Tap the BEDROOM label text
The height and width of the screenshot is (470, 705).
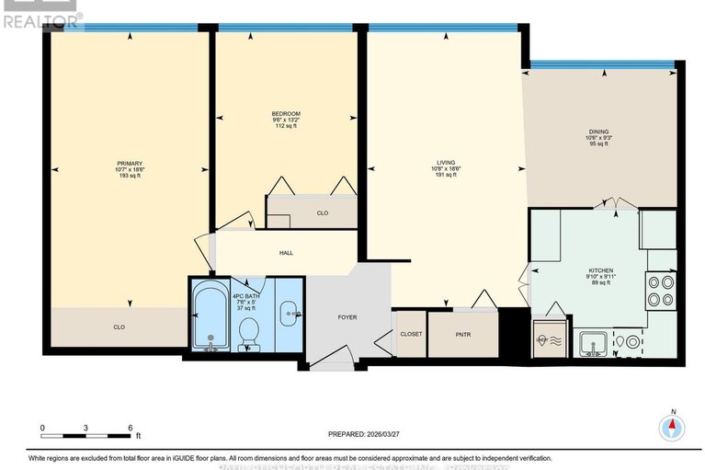[x=285, y=113]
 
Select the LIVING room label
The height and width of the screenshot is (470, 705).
[x=446, y=163]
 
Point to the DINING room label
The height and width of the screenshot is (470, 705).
[x=599, y=132]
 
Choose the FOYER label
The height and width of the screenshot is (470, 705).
[x=347, y=317]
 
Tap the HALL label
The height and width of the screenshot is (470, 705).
[x=286, y=253]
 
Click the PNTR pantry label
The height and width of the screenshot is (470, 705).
[x=463, y=334]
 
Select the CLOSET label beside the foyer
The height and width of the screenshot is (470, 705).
[x=411, y=334]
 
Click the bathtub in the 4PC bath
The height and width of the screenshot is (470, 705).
[x=211, y=317]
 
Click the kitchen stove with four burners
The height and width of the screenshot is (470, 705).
[x=660, y=290]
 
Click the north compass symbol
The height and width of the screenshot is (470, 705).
[x=673, y=427]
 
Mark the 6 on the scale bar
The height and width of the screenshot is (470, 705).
[x=129, y=429]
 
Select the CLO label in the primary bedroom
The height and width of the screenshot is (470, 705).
[x=119, y=327]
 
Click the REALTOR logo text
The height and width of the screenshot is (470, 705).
[x=40, y=17]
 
